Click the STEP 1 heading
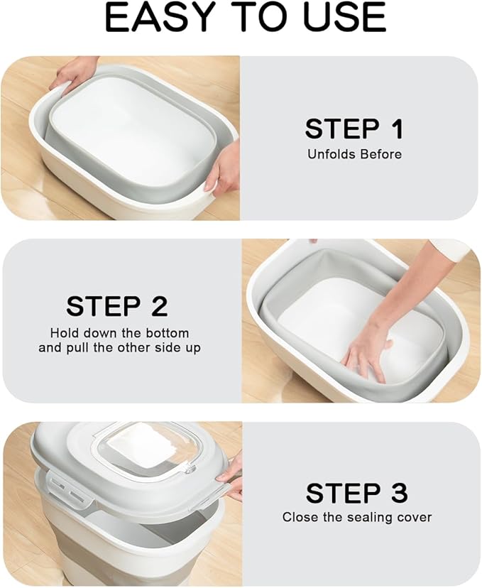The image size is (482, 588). coord(354,129)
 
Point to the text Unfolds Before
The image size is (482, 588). coord(354,154)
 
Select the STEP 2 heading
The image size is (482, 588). coord(117,306)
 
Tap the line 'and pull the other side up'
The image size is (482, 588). coord(119,348)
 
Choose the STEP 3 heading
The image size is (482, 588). coord(356,492)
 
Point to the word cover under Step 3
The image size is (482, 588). coord(414,517)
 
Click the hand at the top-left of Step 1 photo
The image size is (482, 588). coord(75,71)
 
